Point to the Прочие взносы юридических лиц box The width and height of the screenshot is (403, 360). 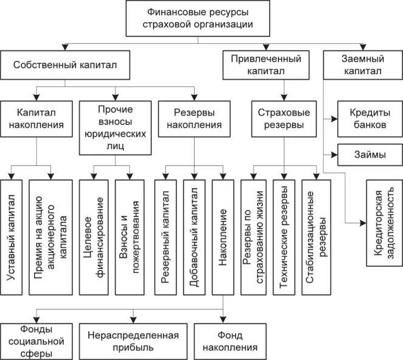point(114,127)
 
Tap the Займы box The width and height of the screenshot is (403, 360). point(368,154)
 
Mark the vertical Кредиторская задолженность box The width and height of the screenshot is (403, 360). point(383,224)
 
